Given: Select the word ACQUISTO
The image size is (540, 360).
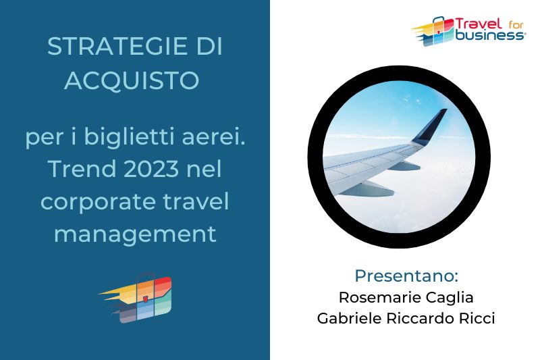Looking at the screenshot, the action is pos(132,80).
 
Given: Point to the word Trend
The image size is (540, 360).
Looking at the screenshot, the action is pos(82,169).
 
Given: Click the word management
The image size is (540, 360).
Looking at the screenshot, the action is pos(135,235).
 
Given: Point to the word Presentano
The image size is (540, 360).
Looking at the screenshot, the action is pos(406,276).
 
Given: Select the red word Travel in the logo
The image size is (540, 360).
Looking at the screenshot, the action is pos(479,24).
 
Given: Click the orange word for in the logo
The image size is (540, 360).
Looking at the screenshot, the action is pos(516,25).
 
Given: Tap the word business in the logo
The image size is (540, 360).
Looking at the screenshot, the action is pos(489,35).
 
